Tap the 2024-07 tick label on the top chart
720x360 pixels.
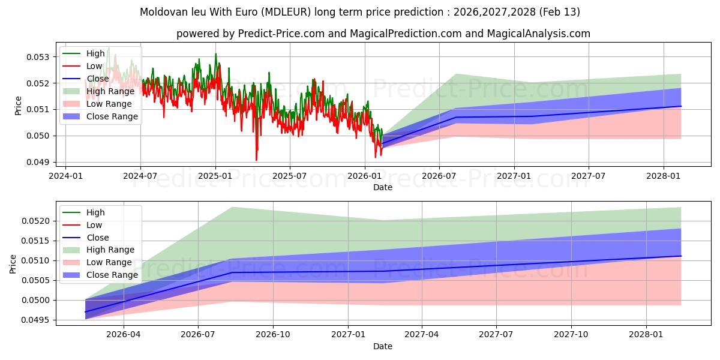click(x=140, y=176)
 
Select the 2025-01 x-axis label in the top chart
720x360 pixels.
click(x=215, y=176)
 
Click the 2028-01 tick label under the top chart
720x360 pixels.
click(x=664, y=176)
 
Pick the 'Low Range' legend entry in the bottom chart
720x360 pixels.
click(x=109, y=262)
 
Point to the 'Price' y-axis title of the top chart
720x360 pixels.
click(x=18, y=106)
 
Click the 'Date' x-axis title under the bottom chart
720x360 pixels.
click(x=383, y=346)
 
